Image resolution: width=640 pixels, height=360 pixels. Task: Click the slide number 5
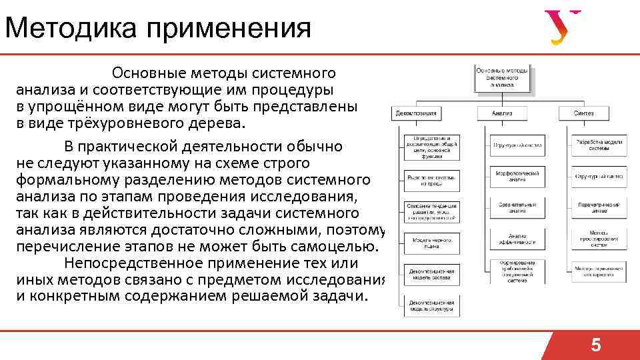(596, 345)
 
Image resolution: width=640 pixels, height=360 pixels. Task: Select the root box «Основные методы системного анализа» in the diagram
(503, 77)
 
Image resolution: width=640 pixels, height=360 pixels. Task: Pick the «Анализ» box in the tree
(501, 113)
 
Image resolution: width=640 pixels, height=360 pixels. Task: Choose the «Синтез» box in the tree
(583, 113)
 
